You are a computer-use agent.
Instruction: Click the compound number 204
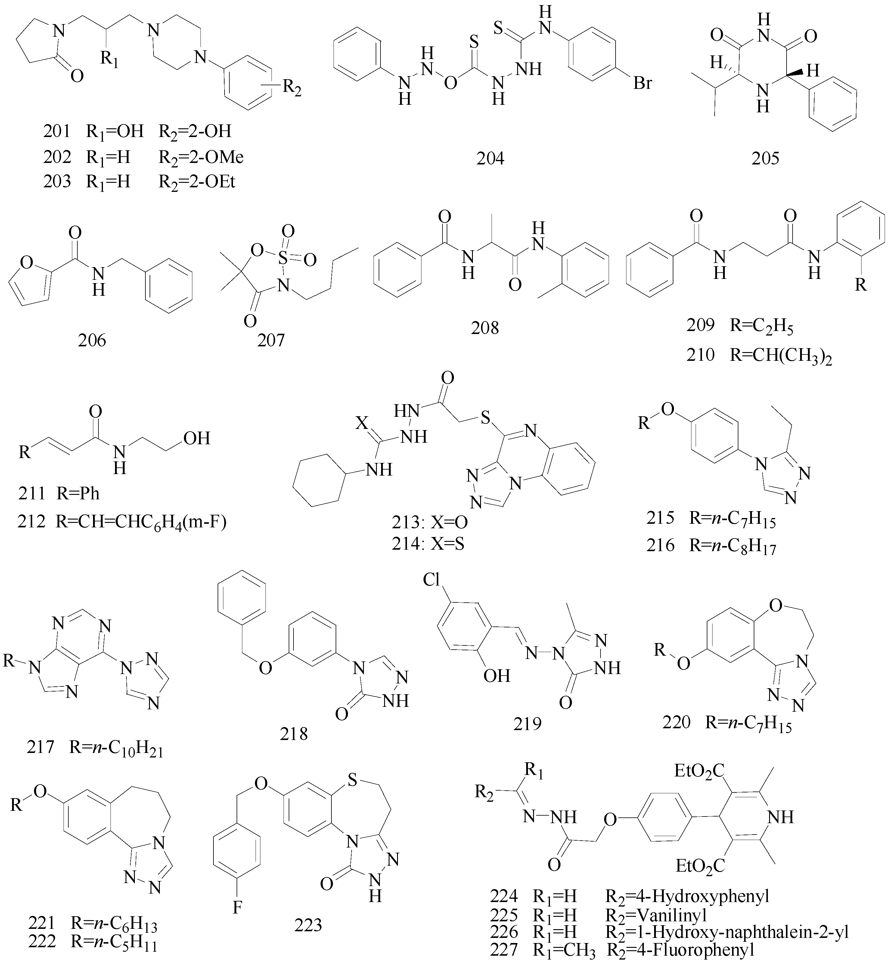click(x=490, y=158)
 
